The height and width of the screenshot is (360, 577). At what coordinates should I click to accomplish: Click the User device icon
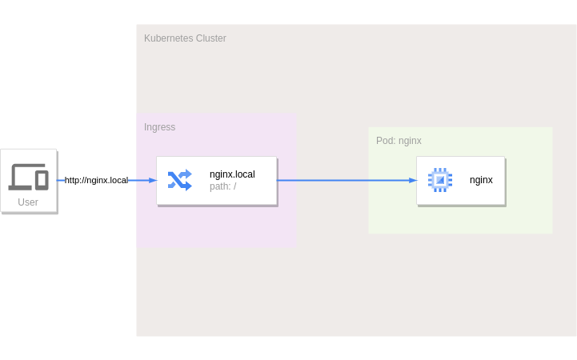tap(28, 176)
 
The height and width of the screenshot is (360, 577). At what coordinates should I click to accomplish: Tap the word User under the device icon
tap(28, 202)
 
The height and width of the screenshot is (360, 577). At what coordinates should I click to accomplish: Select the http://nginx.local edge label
tap(96, 181)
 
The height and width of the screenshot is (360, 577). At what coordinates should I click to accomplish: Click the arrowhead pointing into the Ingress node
tap(153, 181)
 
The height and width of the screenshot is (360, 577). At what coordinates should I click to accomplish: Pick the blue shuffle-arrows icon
tap(179, 180)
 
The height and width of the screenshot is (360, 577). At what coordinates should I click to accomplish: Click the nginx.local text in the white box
tap(232, 174)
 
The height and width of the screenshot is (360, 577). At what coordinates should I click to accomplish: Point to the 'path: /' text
tap(222, 187)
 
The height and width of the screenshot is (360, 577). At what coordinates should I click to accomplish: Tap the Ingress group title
tap(159, 127)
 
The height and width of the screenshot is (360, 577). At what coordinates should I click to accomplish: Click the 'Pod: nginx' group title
tap(399, 141)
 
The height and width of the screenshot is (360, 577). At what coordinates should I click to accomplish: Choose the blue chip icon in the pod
tap(440, 180)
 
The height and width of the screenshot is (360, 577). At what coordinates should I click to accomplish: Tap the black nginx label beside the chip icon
tap(481, 180)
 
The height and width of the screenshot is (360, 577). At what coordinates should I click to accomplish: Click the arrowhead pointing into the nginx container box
tap(413, 181)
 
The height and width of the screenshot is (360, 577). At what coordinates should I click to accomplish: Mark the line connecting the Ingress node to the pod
tap(344, 181)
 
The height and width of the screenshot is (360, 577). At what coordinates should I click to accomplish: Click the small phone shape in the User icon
tap(42, 180)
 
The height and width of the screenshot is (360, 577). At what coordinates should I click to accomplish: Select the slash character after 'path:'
tap(234, 187)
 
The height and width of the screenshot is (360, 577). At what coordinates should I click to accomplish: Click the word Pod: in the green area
tap(386, 141)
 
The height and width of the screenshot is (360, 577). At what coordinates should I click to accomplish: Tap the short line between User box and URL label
tap(61, 181)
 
